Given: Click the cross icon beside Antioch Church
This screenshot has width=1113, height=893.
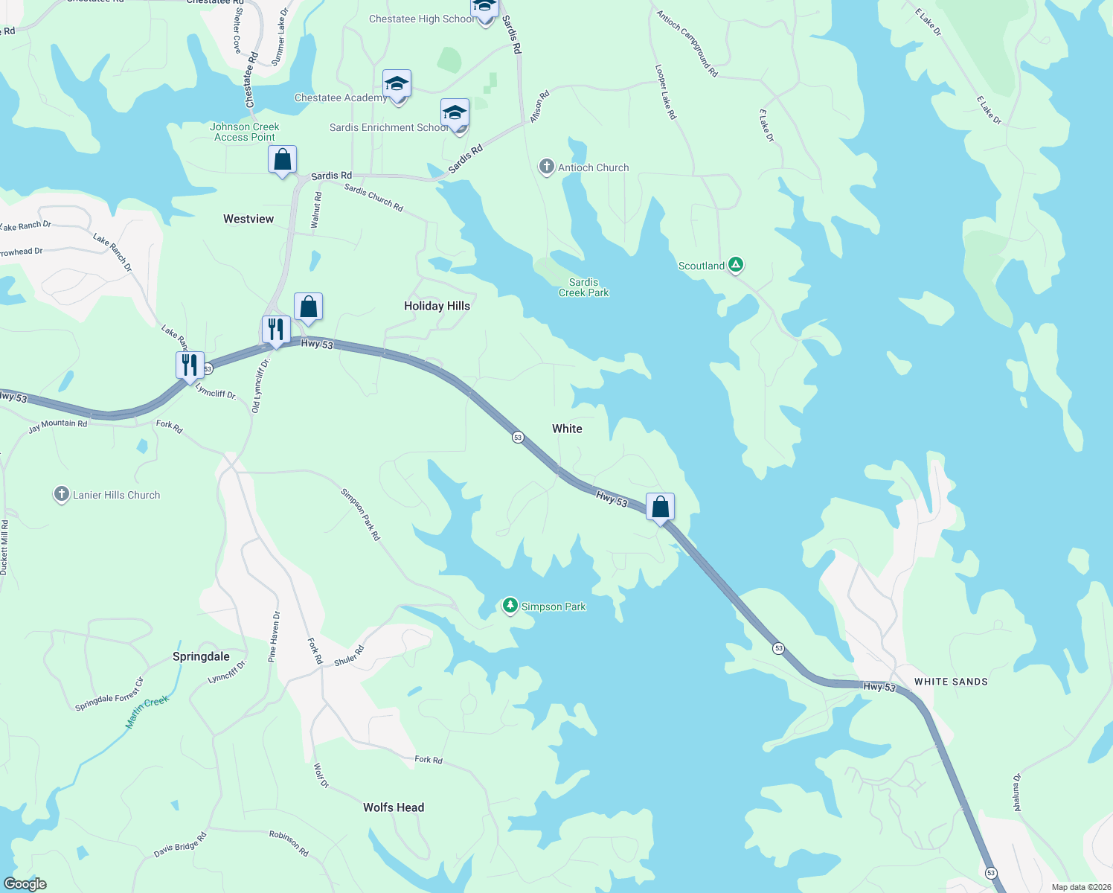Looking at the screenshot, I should pyautogui.click(x=547, y=167).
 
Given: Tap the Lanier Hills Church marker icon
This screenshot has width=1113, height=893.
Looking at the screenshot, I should pyautogui.click(x=62, y=494).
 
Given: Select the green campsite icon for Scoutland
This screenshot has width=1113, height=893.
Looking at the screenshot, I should pyautogui.click(x=735, y=265).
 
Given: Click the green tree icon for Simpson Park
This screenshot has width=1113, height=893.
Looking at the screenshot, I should pyautogui.click(x=510, y=606).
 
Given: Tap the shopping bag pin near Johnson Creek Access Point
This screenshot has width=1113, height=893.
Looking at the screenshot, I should pyautogui.click(x=282, y=160).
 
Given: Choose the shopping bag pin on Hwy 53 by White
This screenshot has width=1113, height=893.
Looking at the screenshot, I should pyautogui.click(x=660, y=508).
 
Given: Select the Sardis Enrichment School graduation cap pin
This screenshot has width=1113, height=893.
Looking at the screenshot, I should pyautogui.click(x=455, y=114).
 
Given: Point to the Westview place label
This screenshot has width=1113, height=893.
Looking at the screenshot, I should pyautogui.click(x=248, y=219).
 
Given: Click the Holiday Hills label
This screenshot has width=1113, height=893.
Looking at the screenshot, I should pyautogui.click(x=437, y=306).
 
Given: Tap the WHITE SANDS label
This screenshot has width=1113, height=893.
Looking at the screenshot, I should pyautogui.click(x=951, y=682).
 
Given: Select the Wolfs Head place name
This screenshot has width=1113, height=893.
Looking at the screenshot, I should pyautogui.click(x=394, y=807).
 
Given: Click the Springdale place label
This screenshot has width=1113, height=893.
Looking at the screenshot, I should pyautogui.click(x=201, y=656).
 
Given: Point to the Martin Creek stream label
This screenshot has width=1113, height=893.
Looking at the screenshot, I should pyautogui.click(x=147, y=711).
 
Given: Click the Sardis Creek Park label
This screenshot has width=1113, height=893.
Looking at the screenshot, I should pyautogui.click(x=583, y=287).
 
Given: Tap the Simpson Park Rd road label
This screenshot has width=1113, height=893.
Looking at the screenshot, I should pyautogui.click(x=361, y=514).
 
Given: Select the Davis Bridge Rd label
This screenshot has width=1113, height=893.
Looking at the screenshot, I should pyautogui.click(x=180, y=845).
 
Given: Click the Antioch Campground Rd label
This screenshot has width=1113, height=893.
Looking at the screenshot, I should pyautogui.click(x=687, y=43).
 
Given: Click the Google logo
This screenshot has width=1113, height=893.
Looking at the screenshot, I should pyautogui.click(x=25, y=883).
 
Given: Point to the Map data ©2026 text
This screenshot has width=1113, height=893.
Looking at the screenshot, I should pyautogui.click(x=1079, y=887).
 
